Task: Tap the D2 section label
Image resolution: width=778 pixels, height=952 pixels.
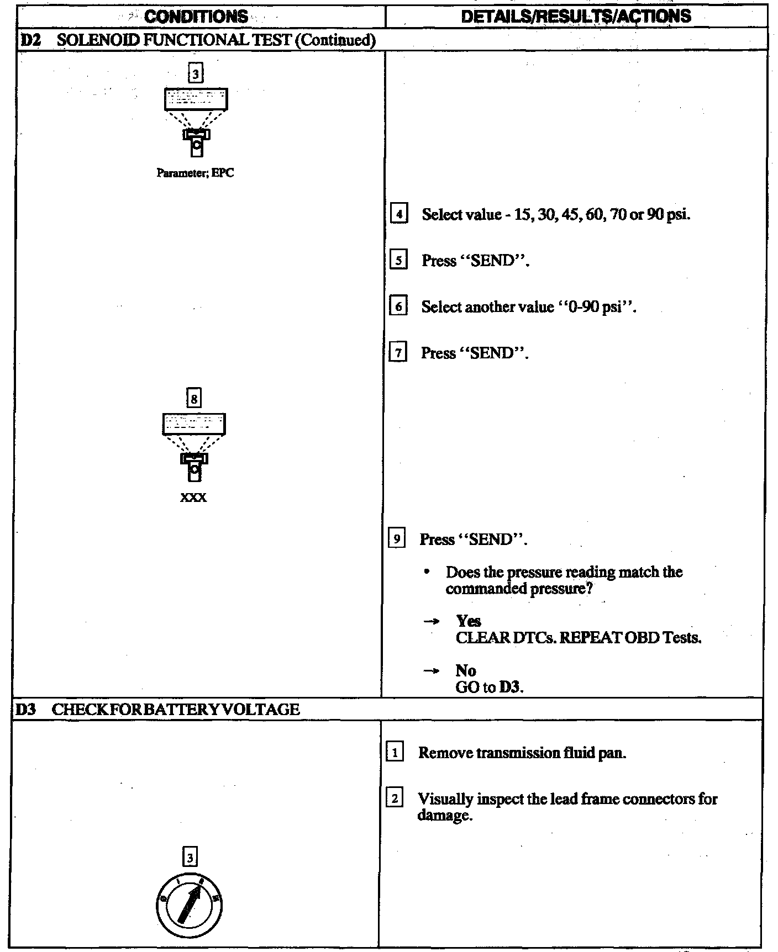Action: click(28, 40)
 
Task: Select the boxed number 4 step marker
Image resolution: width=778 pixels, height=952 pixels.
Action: click(398, 214)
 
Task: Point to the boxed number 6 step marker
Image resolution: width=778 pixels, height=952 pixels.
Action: click(398, 306)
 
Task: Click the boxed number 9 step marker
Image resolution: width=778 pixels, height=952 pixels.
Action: click(397, 539)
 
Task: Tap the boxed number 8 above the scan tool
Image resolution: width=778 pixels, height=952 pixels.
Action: click(194, 398)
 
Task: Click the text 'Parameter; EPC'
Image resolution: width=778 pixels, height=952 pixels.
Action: click(195, 173)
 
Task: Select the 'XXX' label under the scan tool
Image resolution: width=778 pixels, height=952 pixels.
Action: click(193, 498)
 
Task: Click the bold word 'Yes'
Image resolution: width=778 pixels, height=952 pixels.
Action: click(469, 621)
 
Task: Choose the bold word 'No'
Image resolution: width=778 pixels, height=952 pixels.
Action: click(466, 670)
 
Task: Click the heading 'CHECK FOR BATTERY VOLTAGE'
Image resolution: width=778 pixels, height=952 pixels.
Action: click(176, 709)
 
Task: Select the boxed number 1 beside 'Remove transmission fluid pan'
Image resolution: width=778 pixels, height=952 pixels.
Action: click(395, 753)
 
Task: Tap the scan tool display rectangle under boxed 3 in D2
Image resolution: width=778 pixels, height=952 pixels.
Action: click(196, 99)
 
